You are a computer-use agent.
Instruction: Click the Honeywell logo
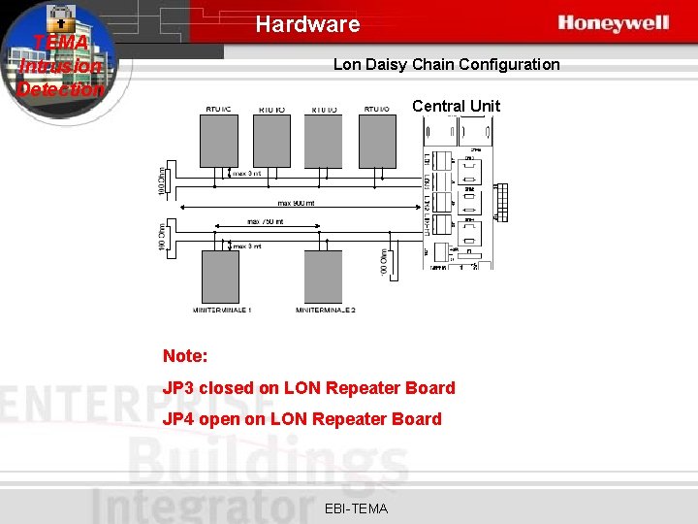pyautogui.click(x=613, y=23)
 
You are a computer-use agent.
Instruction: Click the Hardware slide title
pyautogui.click(x=307, y=24)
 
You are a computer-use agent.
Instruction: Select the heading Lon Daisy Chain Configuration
pyautogui.click(x=446, y=65)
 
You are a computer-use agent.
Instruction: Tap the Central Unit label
pyautogui.click(x=456, y=106)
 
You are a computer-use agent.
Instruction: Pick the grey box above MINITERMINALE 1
pyautogui.click(x=221, y=276)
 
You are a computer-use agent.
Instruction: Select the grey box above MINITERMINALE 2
pyautogui.click(x=324, y=276)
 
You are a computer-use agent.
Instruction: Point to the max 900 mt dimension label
pyautogui.click(x=296, y=203)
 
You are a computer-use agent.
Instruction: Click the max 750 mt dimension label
pyautogui.click(x=266, y=222)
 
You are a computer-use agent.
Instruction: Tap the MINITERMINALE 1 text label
pyautogui.click(x=222, y=311)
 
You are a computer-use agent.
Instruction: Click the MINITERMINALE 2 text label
pyautogui.click(x=325, y=311)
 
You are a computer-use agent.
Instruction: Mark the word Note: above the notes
pyautogui.click(x=185, y=356)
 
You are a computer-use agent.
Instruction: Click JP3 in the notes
pyautogui.click(x=178, y=388)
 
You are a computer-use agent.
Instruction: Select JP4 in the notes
pyautogui.click(x=178, y=419)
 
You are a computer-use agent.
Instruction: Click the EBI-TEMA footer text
pyautogui.click(x=356, y=508)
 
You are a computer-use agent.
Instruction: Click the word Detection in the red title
pyautogui.click(x=60, y=89)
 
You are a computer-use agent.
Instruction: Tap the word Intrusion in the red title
pyautogui.click(x=60, y=66)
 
